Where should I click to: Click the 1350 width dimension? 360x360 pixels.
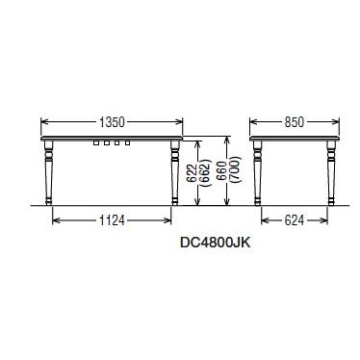click(x=112, y=122)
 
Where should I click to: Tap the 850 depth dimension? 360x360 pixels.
click(x=294, y=122)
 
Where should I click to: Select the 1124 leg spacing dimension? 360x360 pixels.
click(x=112, y=220)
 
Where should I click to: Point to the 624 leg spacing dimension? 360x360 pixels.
click(x=294, y=220)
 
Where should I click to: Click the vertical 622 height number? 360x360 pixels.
click(x=192, y=173)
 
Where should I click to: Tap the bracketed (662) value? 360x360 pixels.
click(x=204, y=172)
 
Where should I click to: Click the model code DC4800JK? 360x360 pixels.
click(x=215, y=243)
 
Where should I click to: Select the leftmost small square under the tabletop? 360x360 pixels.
click(x=96, y=142)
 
